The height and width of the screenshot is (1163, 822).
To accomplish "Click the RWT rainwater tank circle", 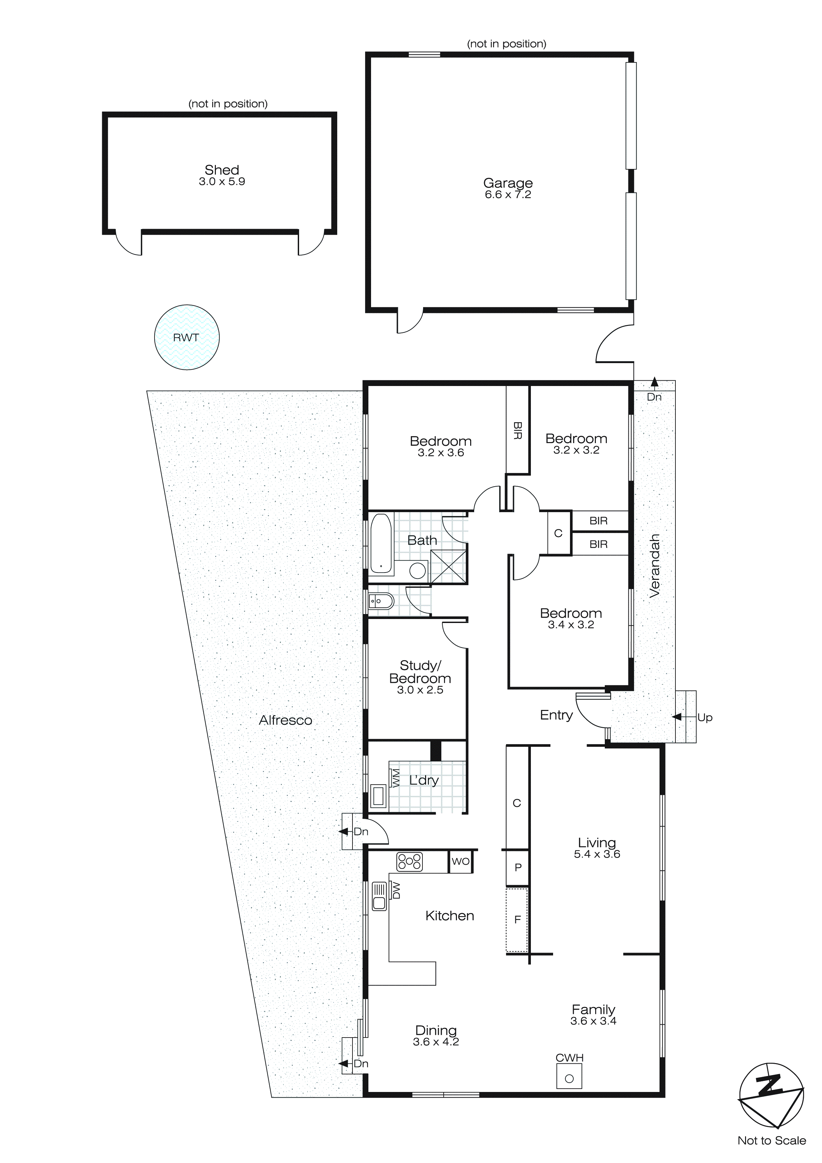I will tap(186, 337).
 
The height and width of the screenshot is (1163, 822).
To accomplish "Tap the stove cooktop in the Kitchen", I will tap(410, 862).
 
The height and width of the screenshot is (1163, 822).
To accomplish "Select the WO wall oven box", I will tap(460, 861).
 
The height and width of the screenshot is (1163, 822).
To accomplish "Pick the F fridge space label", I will tap(517, 919).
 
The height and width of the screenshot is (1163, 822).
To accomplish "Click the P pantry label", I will tap(518, 867).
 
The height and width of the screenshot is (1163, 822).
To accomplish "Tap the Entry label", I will tap(556, 715).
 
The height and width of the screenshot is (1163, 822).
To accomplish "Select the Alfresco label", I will tap(285, 720).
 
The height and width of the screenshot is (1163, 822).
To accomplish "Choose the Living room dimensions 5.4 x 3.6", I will tap(597, 854).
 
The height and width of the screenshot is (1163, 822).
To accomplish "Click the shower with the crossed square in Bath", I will tap(448, 566).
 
